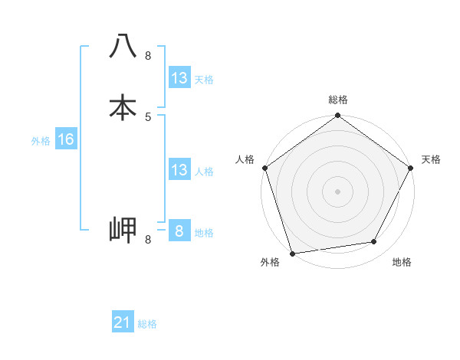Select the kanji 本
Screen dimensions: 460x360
coord(123,106)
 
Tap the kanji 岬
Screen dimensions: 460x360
coord(123,229)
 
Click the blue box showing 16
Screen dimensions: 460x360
coord(65,139)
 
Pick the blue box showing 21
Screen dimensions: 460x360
coord(122,322)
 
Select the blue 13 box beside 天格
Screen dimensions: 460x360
coord(179,78)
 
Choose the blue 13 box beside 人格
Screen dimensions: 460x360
coord(179,170)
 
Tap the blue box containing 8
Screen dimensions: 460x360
coord(179,231)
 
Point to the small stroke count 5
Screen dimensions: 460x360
coord(148,117)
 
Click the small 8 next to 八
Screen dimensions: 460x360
coord(148,56)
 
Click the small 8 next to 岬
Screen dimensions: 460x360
coord(148,240)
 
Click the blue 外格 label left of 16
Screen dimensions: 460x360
coord(41,141)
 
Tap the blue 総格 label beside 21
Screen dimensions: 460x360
coord(147,324)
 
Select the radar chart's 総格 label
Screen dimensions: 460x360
coord(338,100)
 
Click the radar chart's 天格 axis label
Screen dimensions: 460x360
coord(431,159)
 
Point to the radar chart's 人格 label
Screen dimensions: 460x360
coord(245,159)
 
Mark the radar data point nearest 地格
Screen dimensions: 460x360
coord(374,242)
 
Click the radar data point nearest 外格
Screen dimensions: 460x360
coord(291,253)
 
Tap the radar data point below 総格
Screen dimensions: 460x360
coord(338,116)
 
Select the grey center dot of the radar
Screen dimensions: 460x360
coord(338,191)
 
